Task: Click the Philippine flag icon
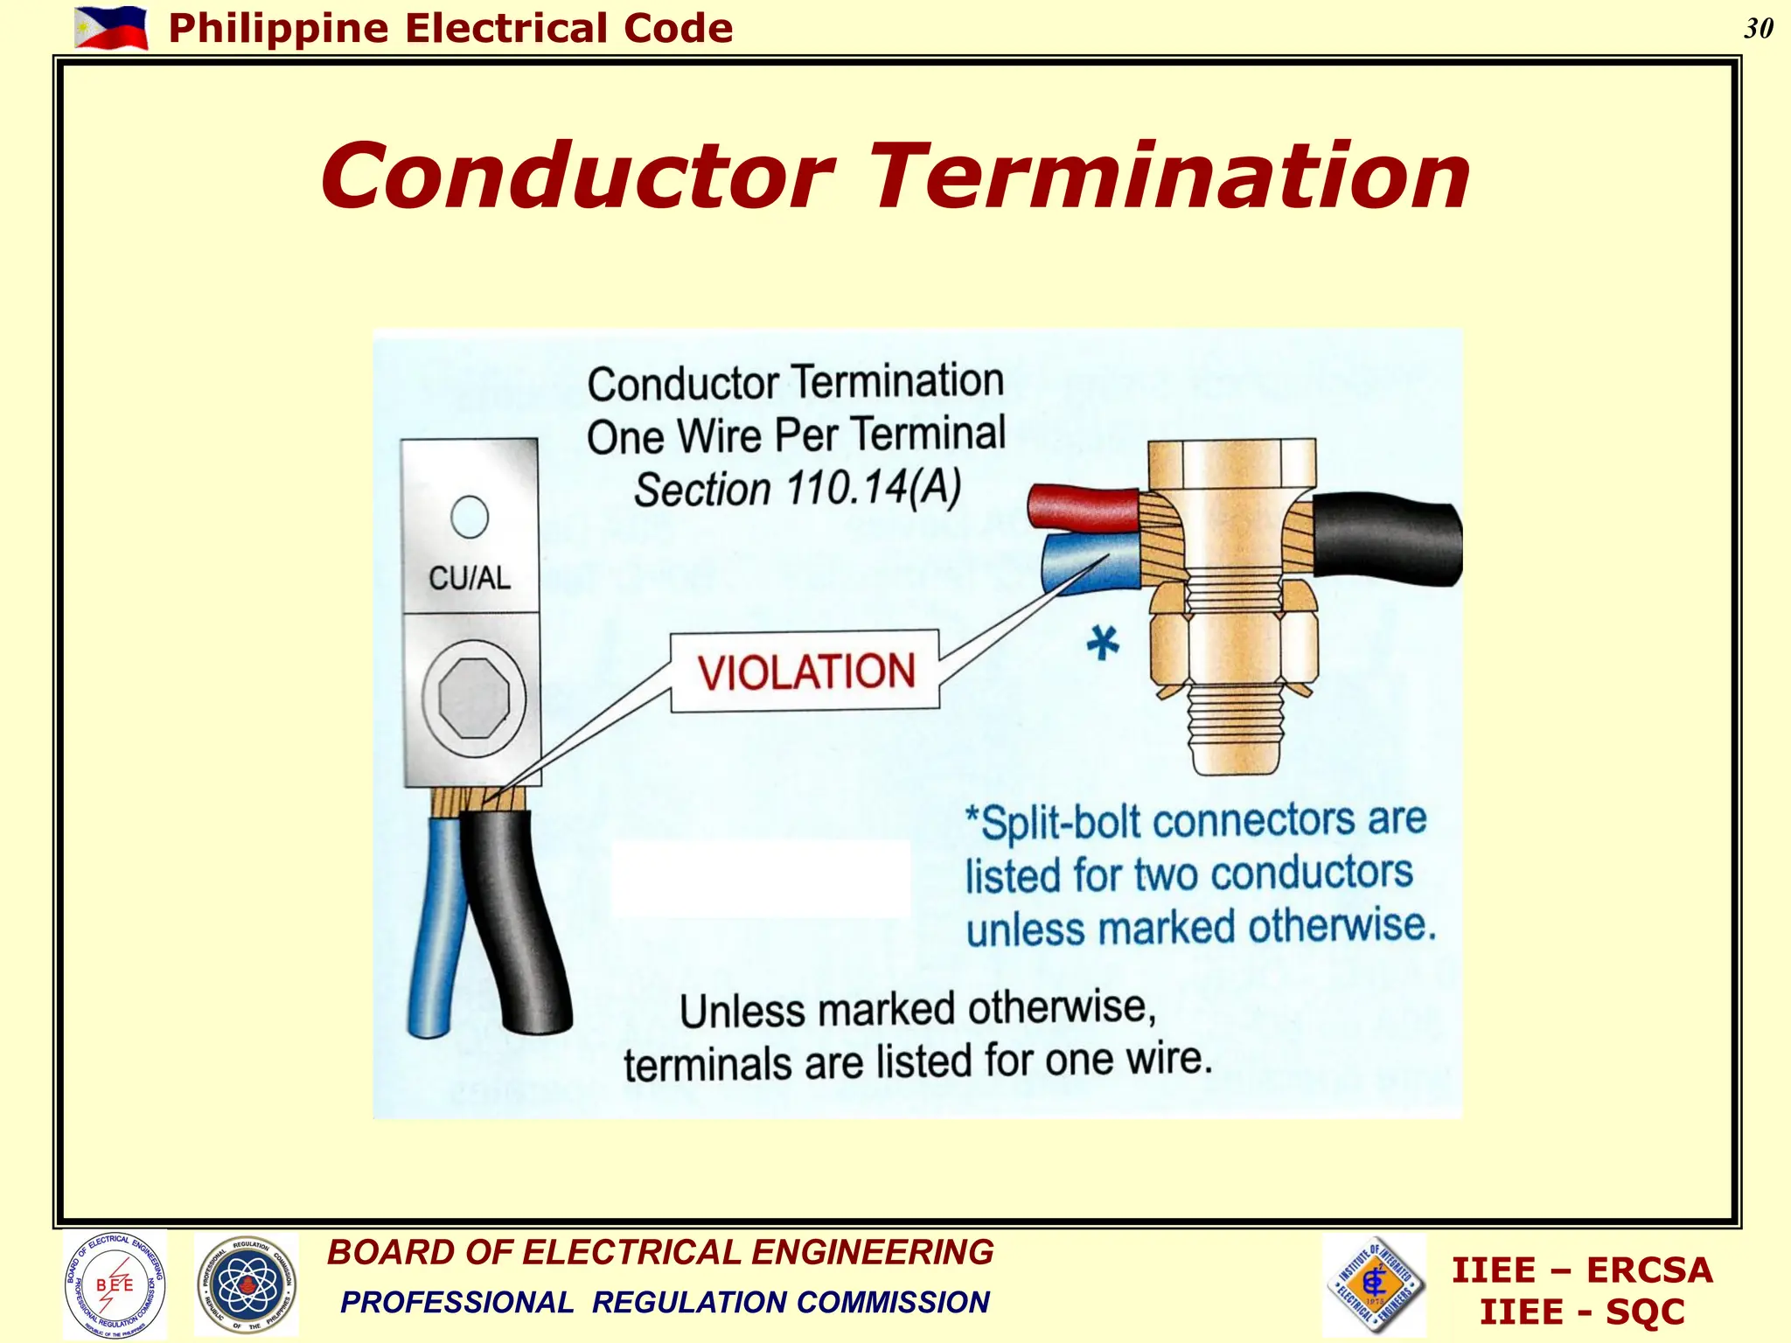111,28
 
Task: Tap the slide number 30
1758,29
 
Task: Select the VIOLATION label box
805,671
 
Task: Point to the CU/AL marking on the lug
470,578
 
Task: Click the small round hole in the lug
470,517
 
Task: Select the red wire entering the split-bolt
1081,507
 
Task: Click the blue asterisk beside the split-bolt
1103,644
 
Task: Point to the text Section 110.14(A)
797,489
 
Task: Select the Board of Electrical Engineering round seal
115,1284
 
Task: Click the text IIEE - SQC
1581,1312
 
